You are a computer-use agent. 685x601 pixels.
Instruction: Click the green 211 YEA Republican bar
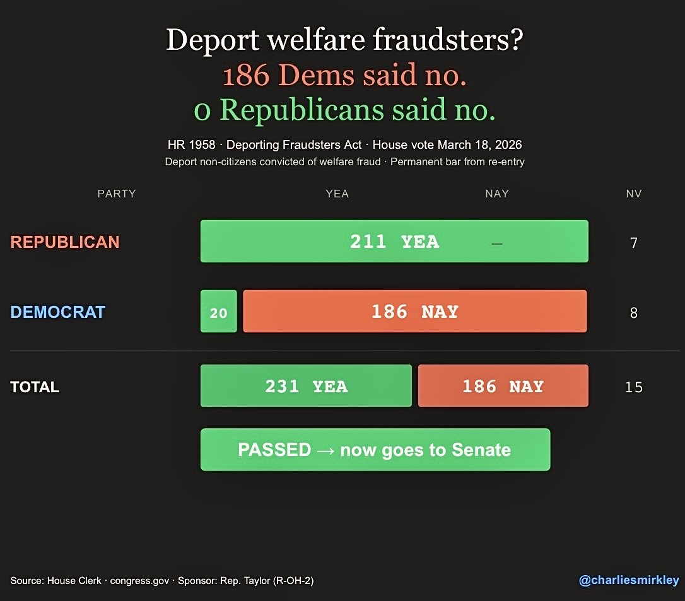[x=394, y=242]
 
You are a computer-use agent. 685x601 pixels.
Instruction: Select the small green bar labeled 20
[x=218, y=312]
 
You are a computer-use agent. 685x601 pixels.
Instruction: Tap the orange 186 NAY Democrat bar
[x=414, y=312]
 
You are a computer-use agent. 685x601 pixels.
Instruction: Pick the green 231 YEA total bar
[x=306, y=386]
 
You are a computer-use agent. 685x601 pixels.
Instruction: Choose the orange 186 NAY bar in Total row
[x=503, y=386]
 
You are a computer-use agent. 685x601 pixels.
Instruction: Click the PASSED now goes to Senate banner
[x=375, y=450]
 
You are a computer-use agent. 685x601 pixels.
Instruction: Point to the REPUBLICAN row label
[x=65, y=242]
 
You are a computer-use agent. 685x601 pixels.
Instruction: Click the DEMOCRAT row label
[x=57, y=312]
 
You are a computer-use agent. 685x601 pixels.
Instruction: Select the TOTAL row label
[x=35, y=387]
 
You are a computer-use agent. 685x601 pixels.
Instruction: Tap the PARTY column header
[x=117, y=194]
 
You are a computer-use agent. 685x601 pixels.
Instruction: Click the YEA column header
[x=337, y=194]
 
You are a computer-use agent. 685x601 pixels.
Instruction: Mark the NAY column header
[x=497, y=194]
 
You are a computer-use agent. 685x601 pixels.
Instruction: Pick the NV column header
[x=634, y=194]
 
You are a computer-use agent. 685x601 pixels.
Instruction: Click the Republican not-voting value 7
[x=634, y=243]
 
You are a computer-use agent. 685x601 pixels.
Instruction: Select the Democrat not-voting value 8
[x=634, y=313]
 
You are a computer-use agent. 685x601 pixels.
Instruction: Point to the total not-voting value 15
[x=634, y=387]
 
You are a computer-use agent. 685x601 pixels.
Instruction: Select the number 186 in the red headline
[x=247, y=76]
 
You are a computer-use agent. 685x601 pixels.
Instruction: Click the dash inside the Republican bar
[x=497, y=243]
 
